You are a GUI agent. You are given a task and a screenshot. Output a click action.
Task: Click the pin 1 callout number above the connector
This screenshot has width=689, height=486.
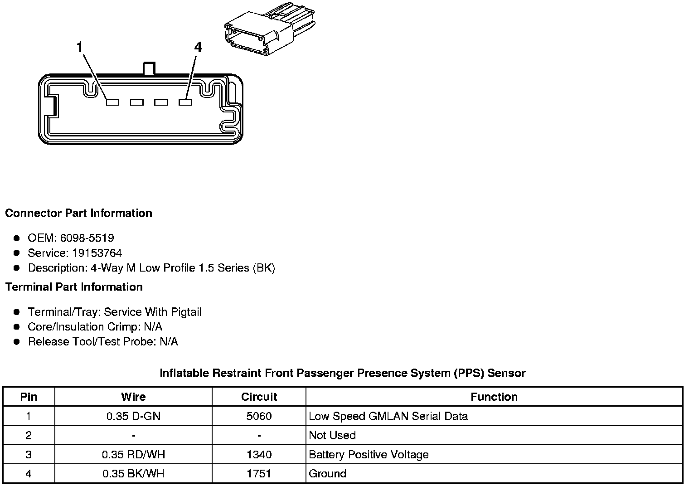click(80, 47)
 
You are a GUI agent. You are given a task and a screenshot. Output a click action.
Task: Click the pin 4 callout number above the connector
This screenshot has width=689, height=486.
click(198, 47)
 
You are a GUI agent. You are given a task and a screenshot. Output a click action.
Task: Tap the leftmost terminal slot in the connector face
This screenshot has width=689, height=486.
click(112, 102)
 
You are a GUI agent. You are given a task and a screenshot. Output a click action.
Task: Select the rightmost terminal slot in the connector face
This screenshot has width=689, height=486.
click(185, 102)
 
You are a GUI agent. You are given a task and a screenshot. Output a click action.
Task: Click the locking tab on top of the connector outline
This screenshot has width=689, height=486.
click(149, 68)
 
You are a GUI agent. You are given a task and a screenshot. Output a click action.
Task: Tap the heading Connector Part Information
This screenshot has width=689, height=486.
click(79, 214)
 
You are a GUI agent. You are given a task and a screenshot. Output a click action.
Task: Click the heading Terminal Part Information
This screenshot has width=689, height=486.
click(74, 287)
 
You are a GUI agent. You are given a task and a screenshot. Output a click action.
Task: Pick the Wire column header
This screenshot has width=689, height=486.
click(133, 397)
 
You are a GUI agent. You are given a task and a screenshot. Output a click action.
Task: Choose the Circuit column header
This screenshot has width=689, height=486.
click(259, 397)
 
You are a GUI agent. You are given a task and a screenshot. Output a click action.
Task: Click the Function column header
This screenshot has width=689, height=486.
click(494, 397)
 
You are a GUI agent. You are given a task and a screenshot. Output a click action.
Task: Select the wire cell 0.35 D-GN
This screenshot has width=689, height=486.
click(133, 416)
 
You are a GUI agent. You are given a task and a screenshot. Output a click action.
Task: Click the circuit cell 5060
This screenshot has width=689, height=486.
click(259, 416)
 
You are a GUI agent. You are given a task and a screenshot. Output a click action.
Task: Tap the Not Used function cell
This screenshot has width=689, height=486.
click(332, 435)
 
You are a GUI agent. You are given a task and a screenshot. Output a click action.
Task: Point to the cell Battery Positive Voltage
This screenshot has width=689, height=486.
click(369, 455)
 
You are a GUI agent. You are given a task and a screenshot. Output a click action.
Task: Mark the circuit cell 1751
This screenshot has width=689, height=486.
click(259, 474)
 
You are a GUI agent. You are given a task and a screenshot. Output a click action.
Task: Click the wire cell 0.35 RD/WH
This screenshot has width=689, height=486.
click(133, 455)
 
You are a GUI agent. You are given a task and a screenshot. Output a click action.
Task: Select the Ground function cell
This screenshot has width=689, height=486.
click(327, 474)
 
